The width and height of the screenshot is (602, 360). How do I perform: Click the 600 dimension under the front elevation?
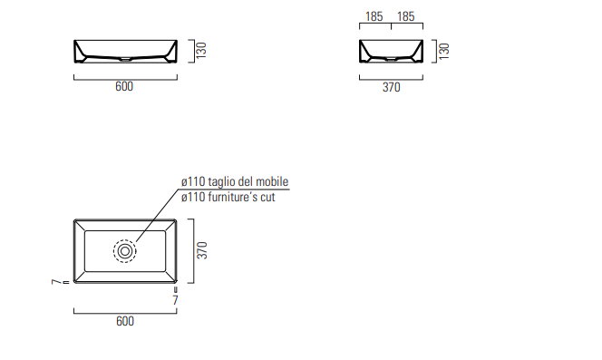coord(124,86)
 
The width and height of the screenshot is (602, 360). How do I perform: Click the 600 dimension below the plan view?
coord(125,321)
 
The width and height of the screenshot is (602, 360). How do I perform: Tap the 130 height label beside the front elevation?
coord(201,51)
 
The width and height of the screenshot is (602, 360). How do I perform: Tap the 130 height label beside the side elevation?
coord(443,51)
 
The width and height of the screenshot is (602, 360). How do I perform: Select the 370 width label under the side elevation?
coord(392,87)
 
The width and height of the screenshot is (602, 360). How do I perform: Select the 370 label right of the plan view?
coord(202,250)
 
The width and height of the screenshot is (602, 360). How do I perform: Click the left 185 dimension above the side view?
coord(374,16)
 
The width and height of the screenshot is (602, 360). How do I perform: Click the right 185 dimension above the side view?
coord(406,16)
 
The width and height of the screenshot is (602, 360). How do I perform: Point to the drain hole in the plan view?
coord(125,251)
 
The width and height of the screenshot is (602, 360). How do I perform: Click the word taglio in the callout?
coord(221,181)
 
